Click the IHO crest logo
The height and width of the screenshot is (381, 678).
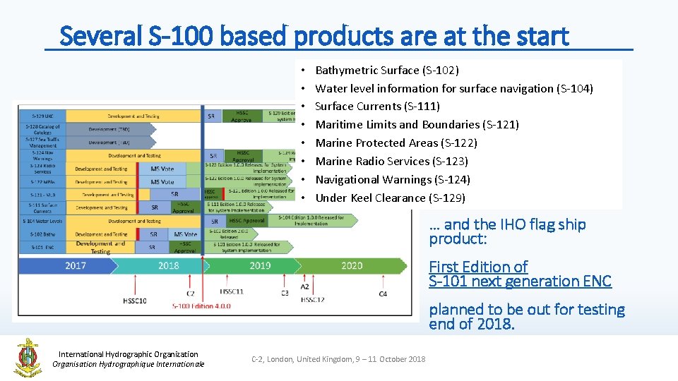(28, 357)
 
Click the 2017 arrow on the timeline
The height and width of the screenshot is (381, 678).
(75, 266)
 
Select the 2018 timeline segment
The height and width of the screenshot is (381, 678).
(168, 266)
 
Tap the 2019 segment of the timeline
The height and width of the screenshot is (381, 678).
(260, 266)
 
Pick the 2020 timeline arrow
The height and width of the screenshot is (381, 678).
(351, 266)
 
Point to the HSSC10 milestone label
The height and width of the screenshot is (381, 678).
(134, 301)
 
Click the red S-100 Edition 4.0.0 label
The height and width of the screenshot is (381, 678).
(201, 306)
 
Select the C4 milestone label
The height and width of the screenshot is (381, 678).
(383, 293)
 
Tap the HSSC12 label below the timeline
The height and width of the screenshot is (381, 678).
(313, 300)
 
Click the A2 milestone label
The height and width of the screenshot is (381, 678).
(305, 286)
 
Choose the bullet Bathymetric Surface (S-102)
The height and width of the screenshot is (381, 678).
(386, 70)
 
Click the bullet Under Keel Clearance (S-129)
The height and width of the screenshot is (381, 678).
(390, 198)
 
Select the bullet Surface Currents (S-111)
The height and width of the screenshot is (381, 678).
(377, 107)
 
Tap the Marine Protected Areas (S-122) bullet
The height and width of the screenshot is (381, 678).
(396, 143)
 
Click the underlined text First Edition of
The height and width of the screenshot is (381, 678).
(478, 267)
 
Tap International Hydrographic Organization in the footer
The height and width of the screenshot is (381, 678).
(128, 354)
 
